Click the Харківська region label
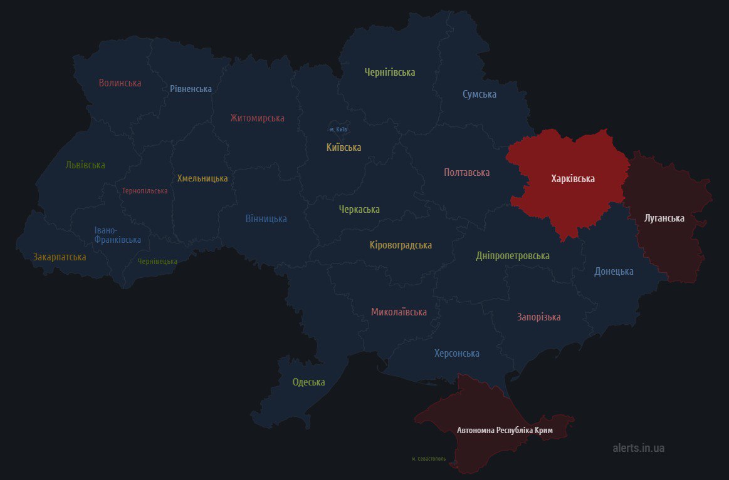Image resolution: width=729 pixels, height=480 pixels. click(572, 179)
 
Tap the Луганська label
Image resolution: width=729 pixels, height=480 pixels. click(664, 218)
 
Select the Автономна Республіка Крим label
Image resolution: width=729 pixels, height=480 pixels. click(505, 431)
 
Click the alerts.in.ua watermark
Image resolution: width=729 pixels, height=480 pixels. click(638, 448)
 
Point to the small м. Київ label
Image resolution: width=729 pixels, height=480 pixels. click(338, 130)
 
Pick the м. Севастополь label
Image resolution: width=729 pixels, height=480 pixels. click(429, 459)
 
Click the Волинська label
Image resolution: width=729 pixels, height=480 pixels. click(120, 83)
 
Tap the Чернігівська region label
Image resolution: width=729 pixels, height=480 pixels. click(389, 72)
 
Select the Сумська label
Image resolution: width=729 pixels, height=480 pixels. click(479, 94)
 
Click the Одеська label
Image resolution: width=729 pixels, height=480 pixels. click(308, 382)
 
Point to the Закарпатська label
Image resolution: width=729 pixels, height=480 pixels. click(60, 257)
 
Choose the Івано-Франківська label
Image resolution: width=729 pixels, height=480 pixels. click(117, 235)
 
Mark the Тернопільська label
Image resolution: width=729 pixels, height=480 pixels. click(145, 191)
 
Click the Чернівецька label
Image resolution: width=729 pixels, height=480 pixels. click(157, 262)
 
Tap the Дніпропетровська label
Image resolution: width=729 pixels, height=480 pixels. click(512, 255)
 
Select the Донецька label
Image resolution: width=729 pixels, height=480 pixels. click(614, 271)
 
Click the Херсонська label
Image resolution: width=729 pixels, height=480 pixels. click(456, 353)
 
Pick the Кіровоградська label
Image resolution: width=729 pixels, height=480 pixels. click(400, 245)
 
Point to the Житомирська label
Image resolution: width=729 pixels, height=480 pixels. click(257, 118)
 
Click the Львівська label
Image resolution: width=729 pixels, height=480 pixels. click(85, 165)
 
